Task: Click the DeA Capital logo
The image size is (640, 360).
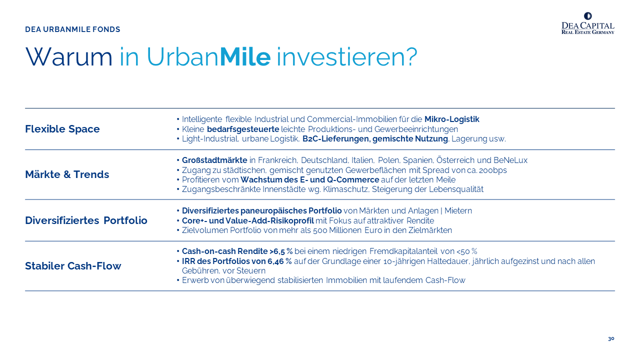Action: click(587, 23)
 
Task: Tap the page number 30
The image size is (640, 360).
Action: click(611, 339)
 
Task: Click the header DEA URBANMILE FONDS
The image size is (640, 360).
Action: click(72, 29)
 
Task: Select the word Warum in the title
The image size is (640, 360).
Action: click(69, 57)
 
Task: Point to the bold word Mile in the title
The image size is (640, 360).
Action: click(245, 57)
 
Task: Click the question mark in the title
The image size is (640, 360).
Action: click(411, 57)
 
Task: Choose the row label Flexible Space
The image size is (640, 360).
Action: click(62, 129)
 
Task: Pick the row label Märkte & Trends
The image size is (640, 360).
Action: click(67, 174)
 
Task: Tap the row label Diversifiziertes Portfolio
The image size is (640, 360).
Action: click(86, 220)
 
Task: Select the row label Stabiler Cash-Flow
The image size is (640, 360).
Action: click(73, 265)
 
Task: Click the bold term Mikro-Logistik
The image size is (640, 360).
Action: click(451, 119)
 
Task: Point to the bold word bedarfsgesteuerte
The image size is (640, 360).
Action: click(243, 129)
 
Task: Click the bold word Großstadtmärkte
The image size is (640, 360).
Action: click(214, 160)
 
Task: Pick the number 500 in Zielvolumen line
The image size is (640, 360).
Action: click(320, 230)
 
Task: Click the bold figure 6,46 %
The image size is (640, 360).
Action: click(279, 261)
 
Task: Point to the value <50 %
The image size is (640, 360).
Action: click(467, 251)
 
